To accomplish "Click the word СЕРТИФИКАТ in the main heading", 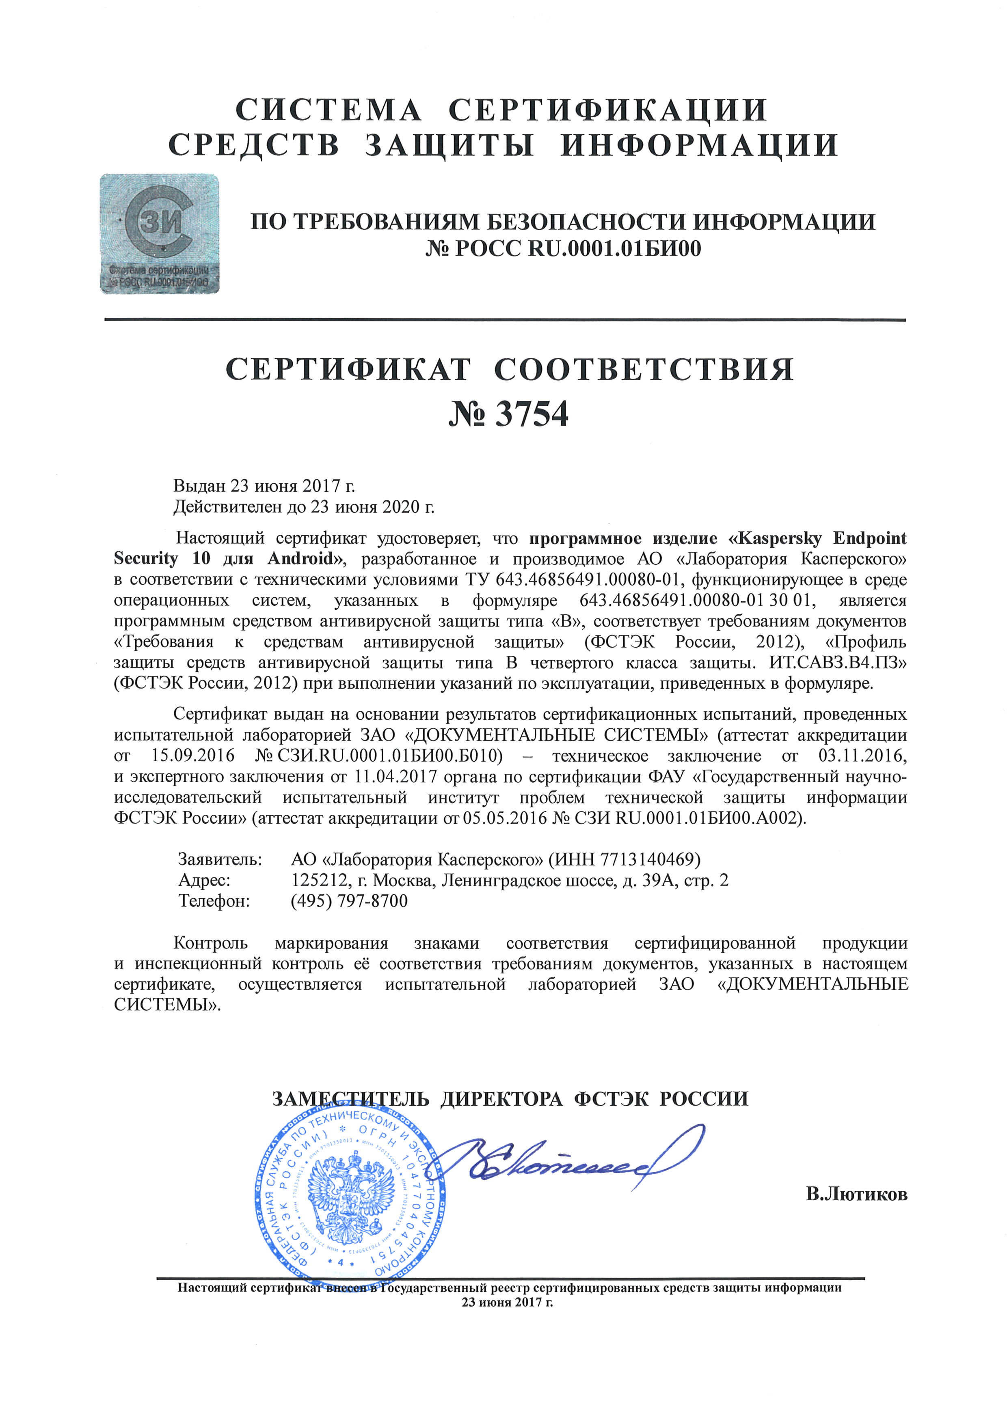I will click(348, 370).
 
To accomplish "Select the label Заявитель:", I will click(220, 859).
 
